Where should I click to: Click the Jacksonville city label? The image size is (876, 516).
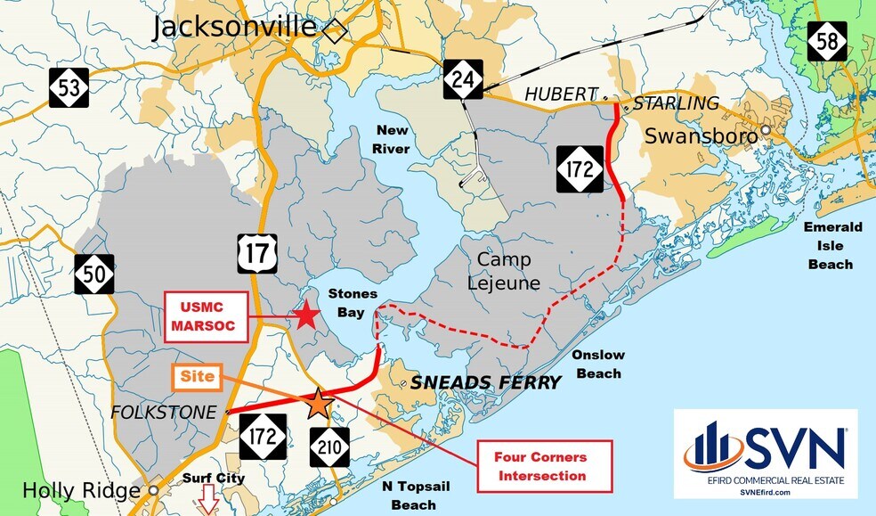tap(234, 27)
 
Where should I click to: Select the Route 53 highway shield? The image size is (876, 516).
tap(68, 87)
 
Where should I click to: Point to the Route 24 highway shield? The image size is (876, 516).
tap(463, 79)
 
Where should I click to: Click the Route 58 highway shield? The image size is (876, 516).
tap(827, 41)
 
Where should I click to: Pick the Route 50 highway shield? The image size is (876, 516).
tap(93, 274)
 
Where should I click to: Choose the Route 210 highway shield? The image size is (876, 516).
tap(329, 446)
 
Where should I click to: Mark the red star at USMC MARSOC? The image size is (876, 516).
tap(306, 315)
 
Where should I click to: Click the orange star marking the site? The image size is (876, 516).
tap(319, 405)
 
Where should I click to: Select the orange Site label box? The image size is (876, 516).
tap(198, 377)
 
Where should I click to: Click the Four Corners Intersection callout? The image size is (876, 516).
tap(546, 466)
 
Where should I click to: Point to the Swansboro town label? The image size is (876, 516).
tap(701, 136)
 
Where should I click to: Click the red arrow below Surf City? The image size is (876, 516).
tap(208, 500)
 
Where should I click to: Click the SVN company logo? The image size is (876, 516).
tap(766, 454)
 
